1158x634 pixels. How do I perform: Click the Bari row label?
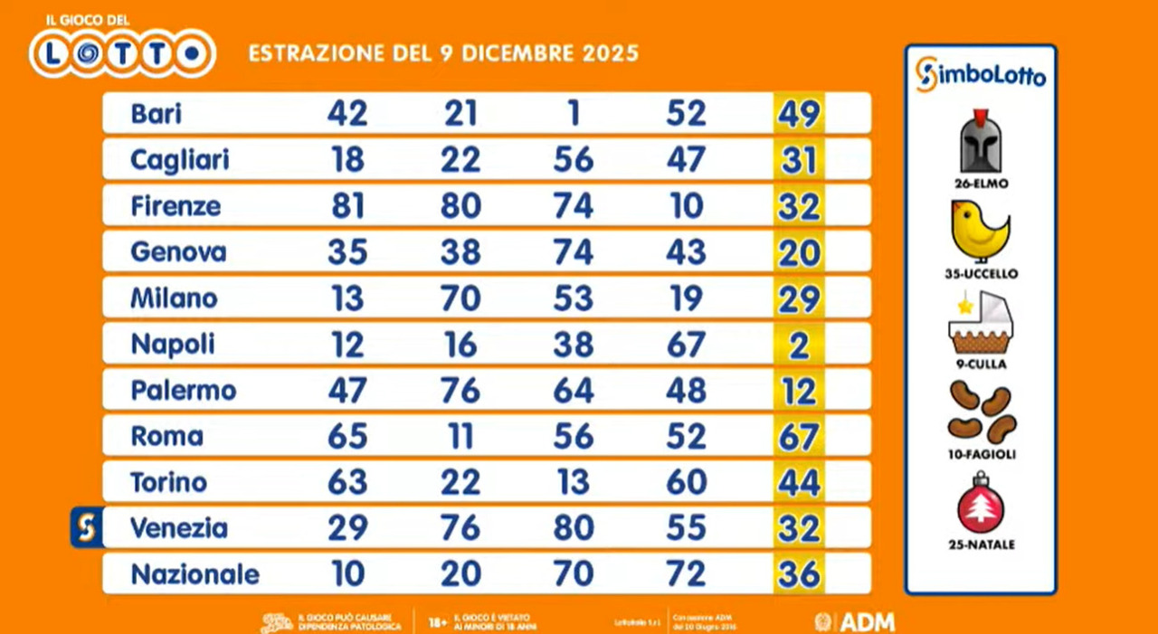[x=156, y=114]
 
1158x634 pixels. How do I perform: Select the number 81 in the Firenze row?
[x=346, y=206]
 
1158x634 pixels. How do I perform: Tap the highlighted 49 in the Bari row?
[x=799, y=114]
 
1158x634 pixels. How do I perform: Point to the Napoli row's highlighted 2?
[x=799, y=345]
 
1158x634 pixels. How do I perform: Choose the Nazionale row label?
[x=195, y=574]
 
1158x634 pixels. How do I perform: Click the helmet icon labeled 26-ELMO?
[x=981, y=143]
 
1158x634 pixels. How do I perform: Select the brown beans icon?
[x=982, y=412]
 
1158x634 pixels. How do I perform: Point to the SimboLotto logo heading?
[x=981, y=74]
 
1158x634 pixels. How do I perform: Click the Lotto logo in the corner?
[x=121, y=52]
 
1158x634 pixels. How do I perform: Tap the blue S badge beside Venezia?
[x=86, y=527]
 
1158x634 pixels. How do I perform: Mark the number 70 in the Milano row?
[x=460, y=298]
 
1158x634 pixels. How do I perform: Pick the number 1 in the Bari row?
[x=573, y=114]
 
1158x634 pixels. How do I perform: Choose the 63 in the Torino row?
[x=346, y=482]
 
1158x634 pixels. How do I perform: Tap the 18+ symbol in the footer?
[x=436, y=622]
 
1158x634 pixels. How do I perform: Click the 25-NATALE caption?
[x=982, y=545]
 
